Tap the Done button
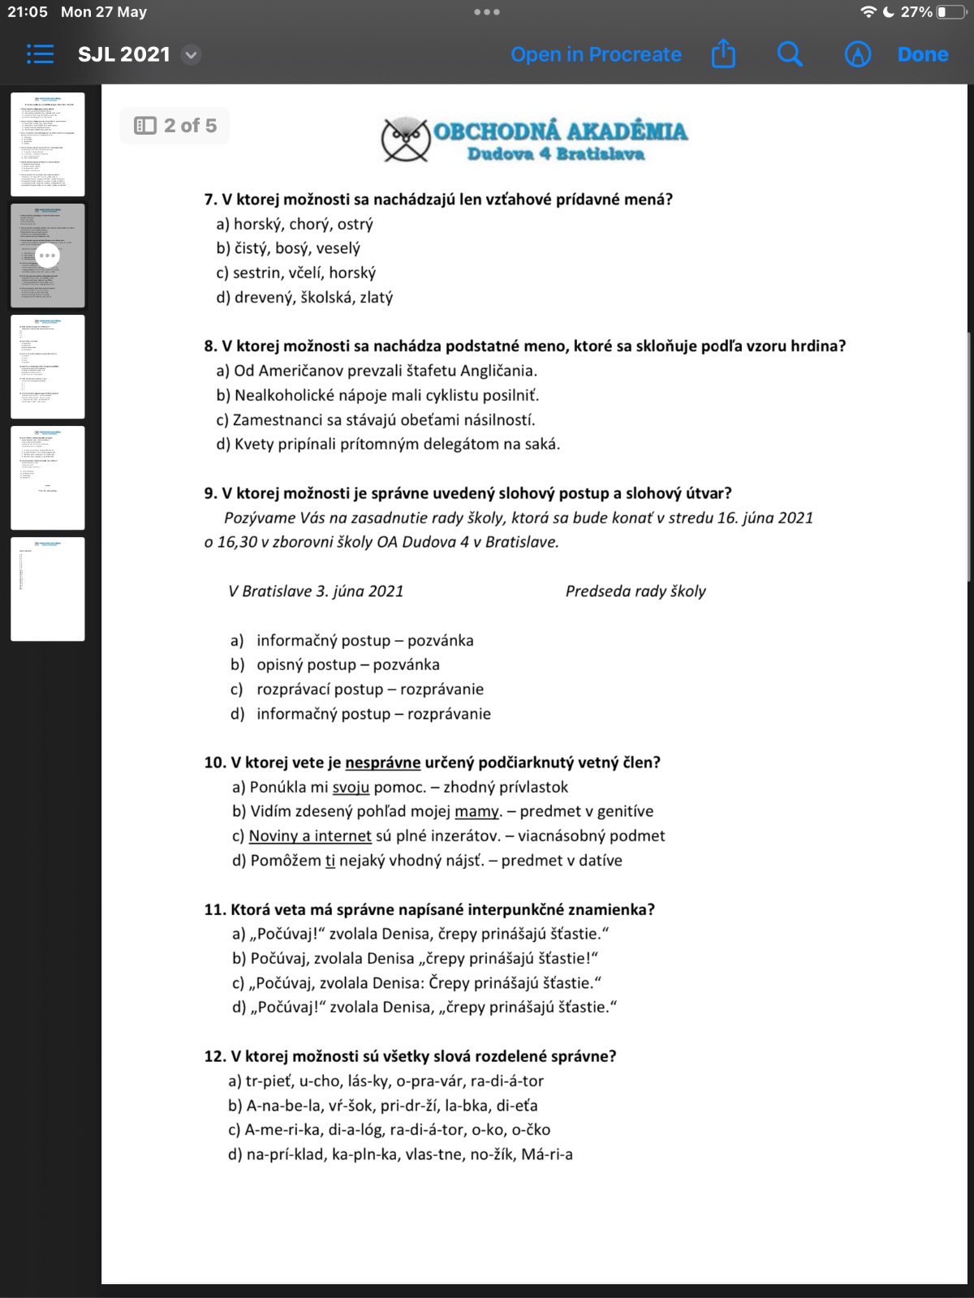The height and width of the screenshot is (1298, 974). click(x=923, y=54)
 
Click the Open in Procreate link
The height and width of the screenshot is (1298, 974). click(x=596, y=54)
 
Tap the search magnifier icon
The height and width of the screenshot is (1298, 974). click(x=790, y=54)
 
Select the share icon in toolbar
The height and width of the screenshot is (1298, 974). click(x=723, y=54)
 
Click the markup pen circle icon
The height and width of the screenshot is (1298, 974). click(x=858, y=54)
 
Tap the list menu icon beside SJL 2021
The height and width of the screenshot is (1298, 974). click(x=40, y=54)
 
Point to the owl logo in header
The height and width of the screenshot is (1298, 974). click(x=406, y=139)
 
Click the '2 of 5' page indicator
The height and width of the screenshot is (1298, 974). click(x=175, y=126)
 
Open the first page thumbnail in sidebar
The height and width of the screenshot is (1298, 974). click(x=48, y=144)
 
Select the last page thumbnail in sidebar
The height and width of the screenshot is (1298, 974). click(x=48, y=589)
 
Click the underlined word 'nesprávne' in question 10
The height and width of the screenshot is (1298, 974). click(x=382, y=763)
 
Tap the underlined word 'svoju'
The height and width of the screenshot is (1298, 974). click(x=351, y=787)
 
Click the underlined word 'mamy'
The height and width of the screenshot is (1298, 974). click(x=476, y=811)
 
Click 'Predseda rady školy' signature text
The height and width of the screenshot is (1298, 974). click(x=636, y=591)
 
